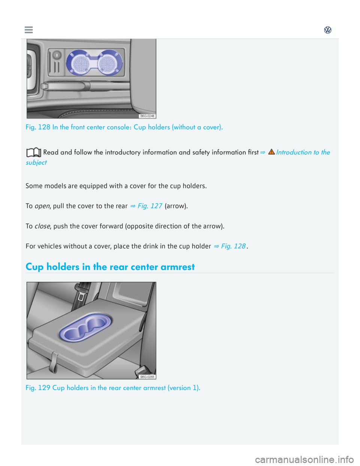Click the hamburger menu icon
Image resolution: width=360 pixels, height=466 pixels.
tap(29, 30)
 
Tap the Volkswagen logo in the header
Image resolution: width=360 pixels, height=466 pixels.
tap(328, 30)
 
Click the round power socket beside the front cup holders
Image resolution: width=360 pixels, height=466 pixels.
tap(56, 55)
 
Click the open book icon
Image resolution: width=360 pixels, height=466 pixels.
tap(33, 152)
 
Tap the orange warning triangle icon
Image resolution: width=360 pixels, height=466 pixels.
tap(271, 152)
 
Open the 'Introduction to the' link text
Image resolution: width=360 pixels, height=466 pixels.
tap(303, 152)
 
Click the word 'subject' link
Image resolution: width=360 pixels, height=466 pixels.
tap(36, 162)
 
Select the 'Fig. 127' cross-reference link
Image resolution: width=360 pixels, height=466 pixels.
tap(149, 206)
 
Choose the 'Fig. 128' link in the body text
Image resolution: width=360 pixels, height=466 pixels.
tap(233, 246)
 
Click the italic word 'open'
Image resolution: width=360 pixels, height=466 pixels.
tap(42, 206)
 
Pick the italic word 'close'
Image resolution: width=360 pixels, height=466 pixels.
tap(42, 226)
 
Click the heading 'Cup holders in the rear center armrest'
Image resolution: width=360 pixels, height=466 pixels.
tap(110, 267)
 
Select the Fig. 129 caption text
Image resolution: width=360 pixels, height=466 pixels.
tap(113, 388)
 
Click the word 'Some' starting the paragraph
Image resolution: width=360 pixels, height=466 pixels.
tap(33, 186)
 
